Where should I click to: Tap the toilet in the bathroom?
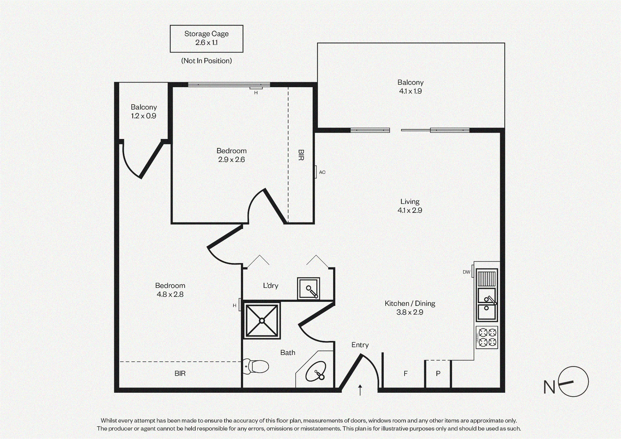pos(255,366)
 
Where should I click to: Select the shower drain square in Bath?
pos(262,320)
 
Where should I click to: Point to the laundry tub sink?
pos(308,289)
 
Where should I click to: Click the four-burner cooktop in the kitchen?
pos(487,338)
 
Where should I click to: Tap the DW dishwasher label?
pos(466,272)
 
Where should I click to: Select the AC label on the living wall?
pos(322,172)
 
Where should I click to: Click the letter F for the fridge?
pos(406,374)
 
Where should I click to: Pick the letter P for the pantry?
pos(438,374)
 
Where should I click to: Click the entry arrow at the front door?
pos(360,390)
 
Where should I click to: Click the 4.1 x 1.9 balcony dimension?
pos(410,91)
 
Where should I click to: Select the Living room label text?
pos(410,202)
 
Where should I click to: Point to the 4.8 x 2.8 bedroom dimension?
pos(170,294)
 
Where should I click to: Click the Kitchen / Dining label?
pos(410,303)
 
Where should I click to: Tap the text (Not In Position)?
pos(206,61)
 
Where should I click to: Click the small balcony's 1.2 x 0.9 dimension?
pos(143,116)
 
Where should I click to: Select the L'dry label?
pos(270,285)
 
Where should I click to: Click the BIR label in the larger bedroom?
pos(180,374)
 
